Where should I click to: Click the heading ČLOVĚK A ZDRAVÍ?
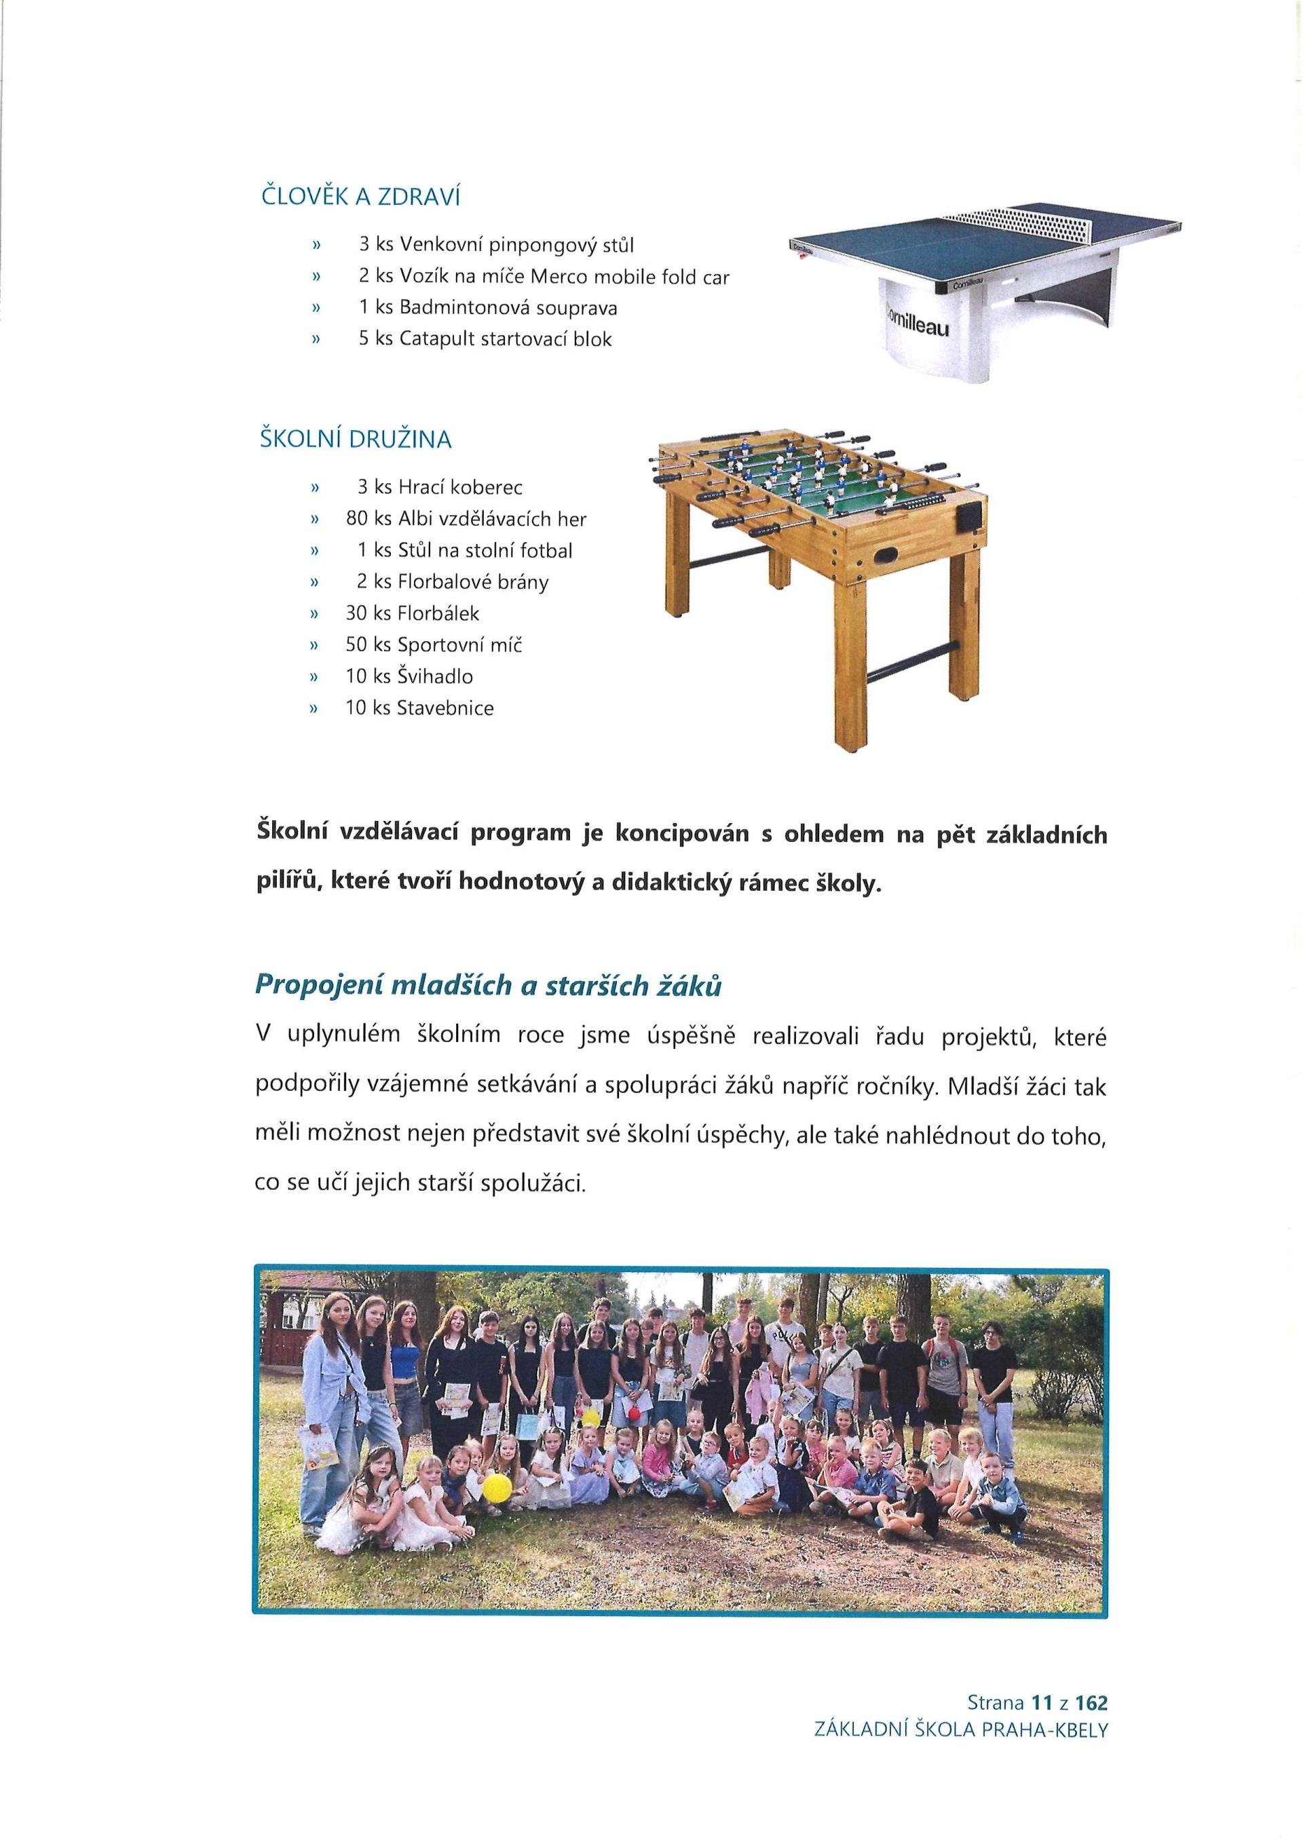(x=360, y=197)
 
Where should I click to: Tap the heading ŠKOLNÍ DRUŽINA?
(x=356, y=440)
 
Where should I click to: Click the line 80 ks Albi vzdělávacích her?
(x=466, y=519)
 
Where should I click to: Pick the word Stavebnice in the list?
(x=445, y=708)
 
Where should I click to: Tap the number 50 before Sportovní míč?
(x=356, y=645)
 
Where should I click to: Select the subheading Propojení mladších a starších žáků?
(x=488, y=986)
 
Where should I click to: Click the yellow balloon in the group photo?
(x=497, y=1485)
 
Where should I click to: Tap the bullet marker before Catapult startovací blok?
(x=316, y=340)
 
